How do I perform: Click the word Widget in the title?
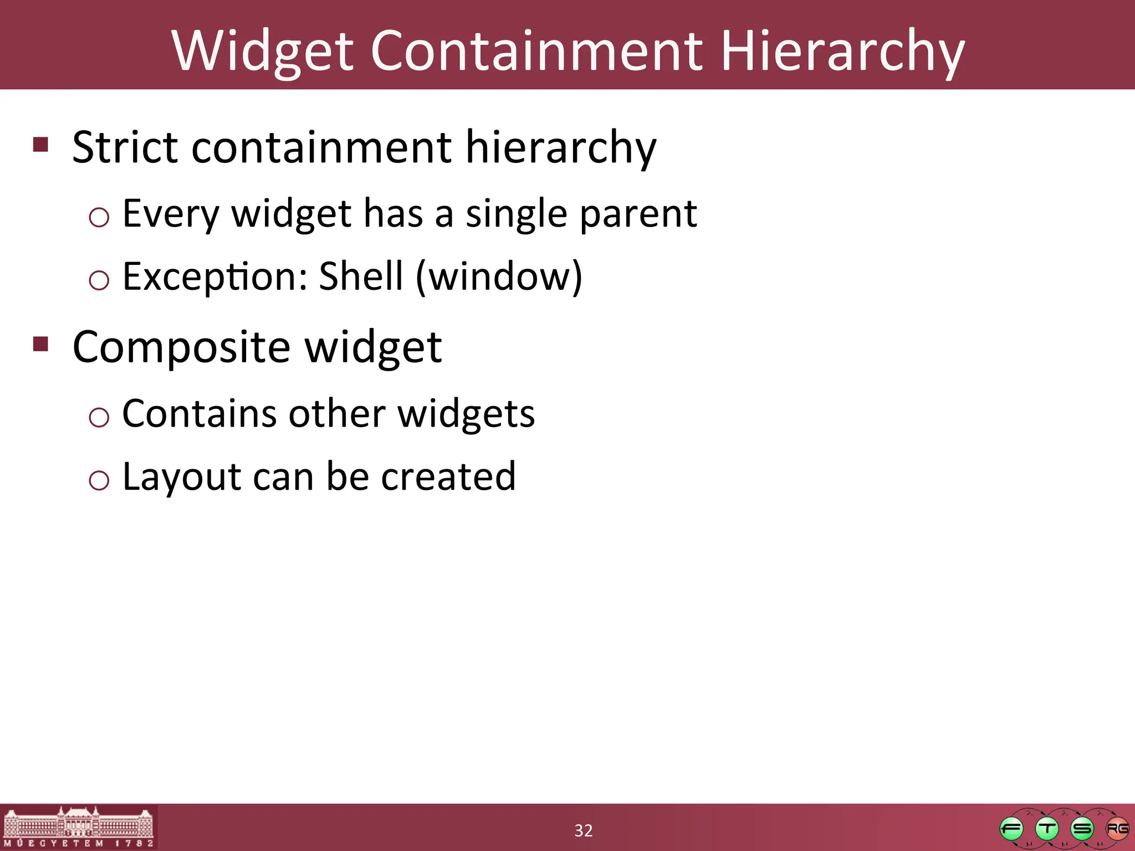coord(262,51)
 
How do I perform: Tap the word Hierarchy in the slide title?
coord(842,51)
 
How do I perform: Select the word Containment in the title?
coord(536,51)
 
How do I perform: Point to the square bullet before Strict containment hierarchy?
coord(41,145)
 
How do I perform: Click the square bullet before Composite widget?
coord(41,344)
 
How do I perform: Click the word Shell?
coord(361,276)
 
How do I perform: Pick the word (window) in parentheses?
coord(499,276)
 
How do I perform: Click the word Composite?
coord(181,347)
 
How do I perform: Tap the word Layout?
coord(181,476)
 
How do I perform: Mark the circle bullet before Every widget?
coord(99,217)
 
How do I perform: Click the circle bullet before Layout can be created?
coord(99,479)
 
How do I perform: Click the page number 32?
coord(583,831)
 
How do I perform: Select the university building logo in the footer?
coord(78,827)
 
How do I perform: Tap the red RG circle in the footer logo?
coord(1117,829)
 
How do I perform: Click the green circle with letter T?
coord(1046,829)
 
